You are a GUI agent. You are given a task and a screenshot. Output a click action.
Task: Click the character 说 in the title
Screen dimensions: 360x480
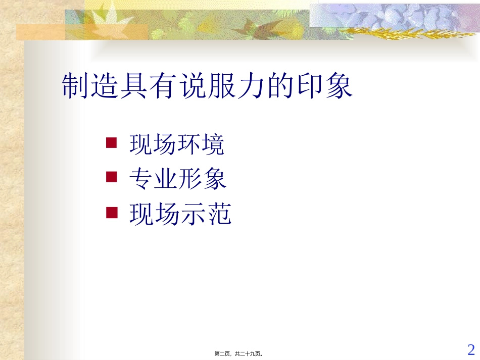point(193,87)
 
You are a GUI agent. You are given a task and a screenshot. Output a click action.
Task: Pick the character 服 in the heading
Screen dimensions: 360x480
point(222,87)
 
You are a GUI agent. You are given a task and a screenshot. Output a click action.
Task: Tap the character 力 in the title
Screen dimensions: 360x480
point(251,87)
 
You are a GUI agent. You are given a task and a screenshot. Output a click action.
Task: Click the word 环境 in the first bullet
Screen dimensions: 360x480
point(201,145)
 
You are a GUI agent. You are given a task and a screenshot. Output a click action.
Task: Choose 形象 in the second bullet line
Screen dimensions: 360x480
point(202,179)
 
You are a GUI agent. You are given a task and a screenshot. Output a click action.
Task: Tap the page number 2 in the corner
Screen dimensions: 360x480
point(471,349)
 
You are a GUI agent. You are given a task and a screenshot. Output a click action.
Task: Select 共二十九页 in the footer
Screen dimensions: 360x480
point(249,354)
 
